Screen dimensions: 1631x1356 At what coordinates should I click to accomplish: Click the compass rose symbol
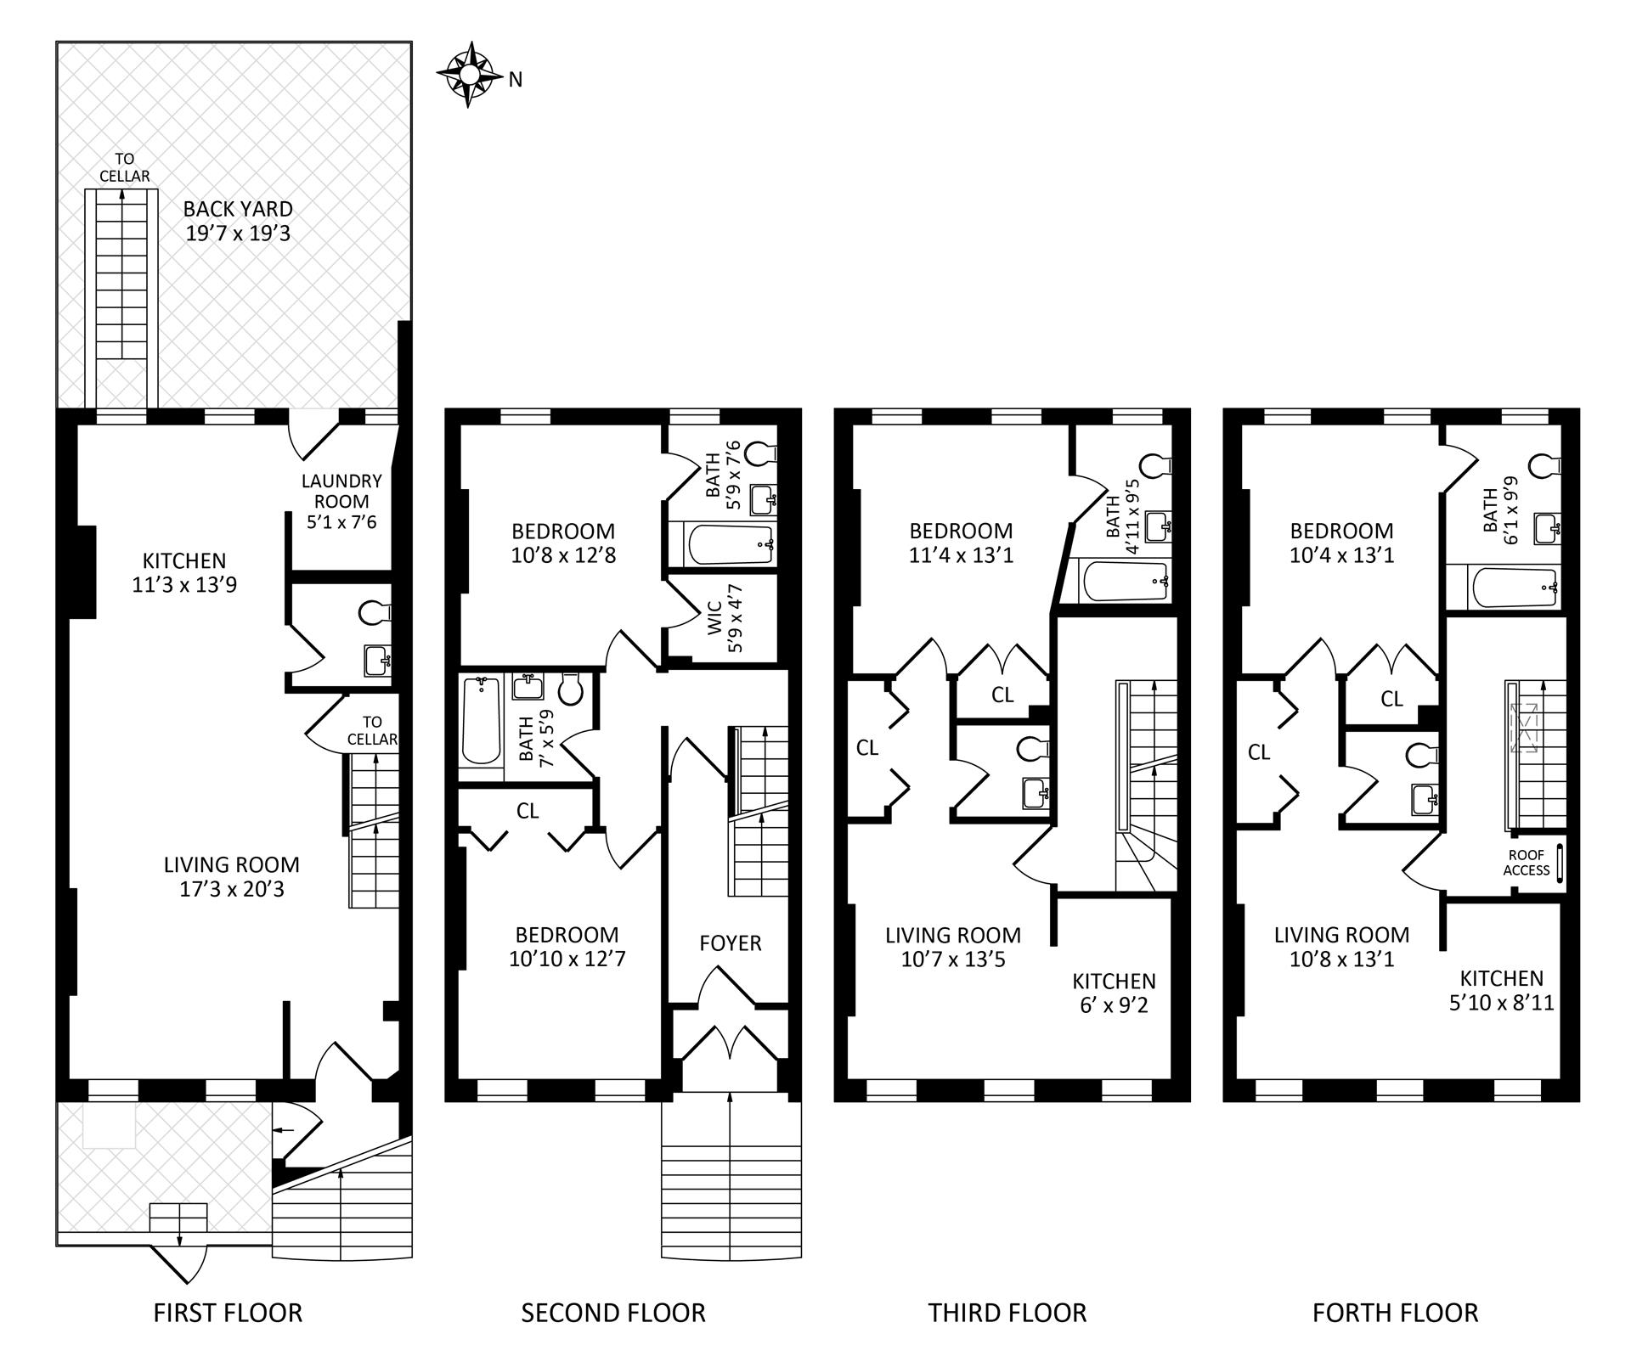coord(468,75)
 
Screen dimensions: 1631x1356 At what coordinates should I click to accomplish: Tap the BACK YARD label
coord(238,209)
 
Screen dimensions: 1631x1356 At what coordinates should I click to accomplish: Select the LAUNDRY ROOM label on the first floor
coord(341,491)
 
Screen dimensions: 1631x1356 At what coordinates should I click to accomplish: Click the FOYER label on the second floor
coord(731,943)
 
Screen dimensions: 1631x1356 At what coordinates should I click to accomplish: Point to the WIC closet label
coord(713,617)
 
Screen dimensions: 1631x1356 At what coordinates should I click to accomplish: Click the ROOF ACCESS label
coord(1527,863)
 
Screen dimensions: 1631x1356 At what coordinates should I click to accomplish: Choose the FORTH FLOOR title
coord(1395,1313)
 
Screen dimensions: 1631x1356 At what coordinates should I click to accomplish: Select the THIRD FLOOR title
coord(1007,1313)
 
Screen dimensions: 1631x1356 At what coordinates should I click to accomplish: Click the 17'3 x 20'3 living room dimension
coord(231,889)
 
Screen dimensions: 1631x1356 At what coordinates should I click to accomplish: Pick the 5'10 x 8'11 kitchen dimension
coord(1502,1003)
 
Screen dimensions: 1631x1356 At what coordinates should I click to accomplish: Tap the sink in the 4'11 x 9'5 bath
coord(1159,526)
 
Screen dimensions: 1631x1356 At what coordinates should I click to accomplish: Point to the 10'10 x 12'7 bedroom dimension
coord(567,959)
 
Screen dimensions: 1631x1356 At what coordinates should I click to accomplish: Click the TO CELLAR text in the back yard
coord(125,167)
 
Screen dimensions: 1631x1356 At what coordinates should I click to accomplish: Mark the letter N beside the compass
coord(516,80)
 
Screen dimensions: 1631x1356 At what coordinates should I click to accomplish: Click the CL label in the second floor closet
coord(528,811)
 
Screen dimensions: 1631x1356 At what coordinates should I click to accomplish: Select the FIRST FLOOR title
coord(228,1313)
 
